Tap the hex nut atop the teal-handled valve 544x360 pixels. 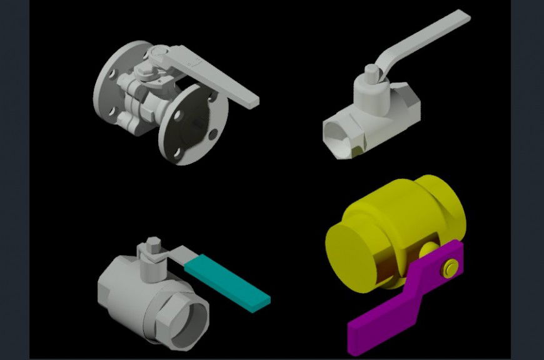pos(153,250)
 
